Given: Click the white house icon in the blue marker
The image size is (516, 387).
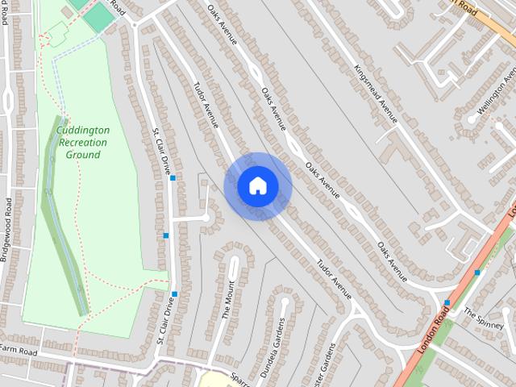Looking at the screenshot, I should (x=258, y=186).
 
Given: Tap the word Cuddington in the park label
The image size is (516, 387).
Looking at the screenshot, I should (x=84, y=130).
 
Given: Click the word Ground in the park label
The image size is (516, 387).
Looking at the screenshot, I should (x=83, y=154).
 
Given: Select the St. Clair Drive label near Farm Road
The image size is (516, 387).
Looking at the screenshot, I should (x=164, y=322).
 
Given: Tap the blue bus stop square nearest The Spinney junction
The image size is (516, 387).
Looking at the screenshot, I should (x=447, y=303).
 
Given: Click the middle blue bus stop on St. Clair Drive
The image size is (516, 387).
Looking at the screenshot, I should (x=166, y=235).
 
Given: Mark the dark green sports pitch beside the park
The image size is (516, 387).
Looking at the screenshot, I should (x=99, y=18).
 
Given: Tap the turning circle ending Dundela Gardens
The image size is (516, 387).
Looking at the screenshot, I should (x=284, y=302).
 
